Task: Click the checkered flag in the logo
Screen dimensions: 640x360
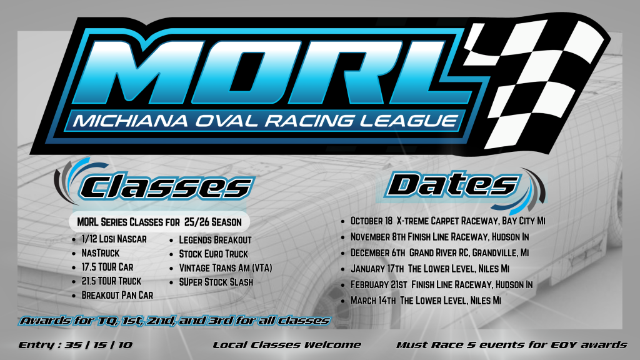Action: [535, 82]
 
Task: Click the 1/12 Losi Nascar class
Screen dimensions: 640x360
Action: [114, 239]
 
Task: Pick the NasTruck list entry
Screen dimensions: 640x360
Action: [101, 253]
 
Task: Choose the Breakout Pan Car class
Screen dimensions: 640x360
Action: [117, 295]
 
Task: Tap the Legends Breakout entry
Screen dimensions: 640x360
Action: [215, 240]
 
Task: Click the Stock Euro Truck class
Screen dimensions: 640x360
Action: [214, 254]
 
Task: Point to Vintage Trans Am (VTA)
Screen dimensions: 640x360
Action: [225, 268]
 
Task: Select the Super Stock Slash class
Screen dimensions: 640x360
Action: [216, 282]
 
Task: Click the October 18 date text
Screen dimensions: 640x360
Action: [372, 221]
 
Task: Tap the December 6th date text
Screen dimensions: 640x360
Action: [378, 253]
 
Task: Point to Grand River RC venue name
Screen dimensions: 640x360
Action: [439, 253]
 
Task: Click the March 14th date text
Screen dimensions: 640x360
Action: [373, 301]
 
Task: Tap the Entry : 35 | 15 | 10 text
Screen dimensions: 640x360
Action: [76, 345]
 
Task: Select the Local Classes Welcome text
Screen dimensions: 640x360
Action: [287, 345]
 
